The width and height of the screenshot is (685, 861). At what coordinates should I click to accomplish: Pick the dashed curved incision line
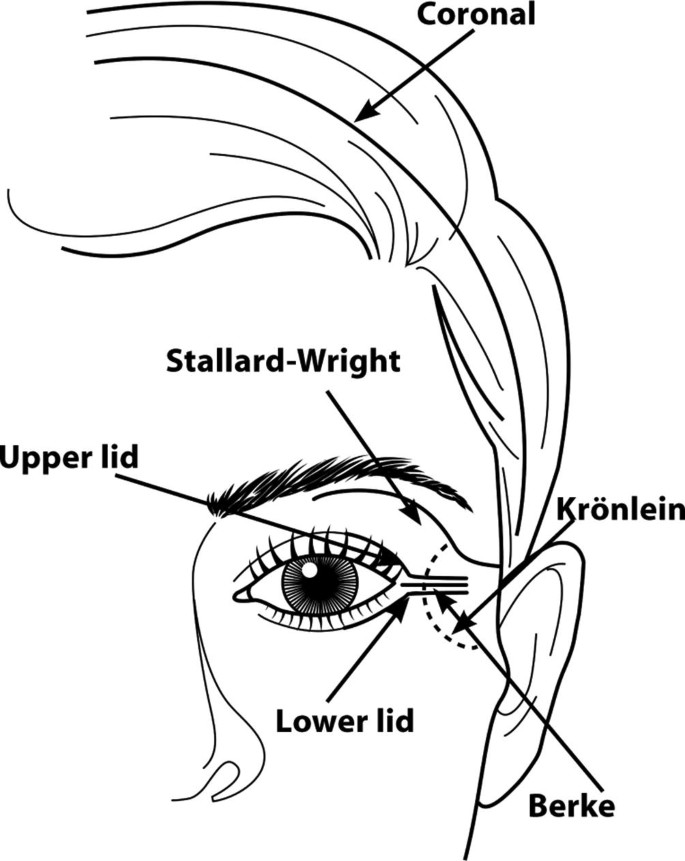tap(430, 620)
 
